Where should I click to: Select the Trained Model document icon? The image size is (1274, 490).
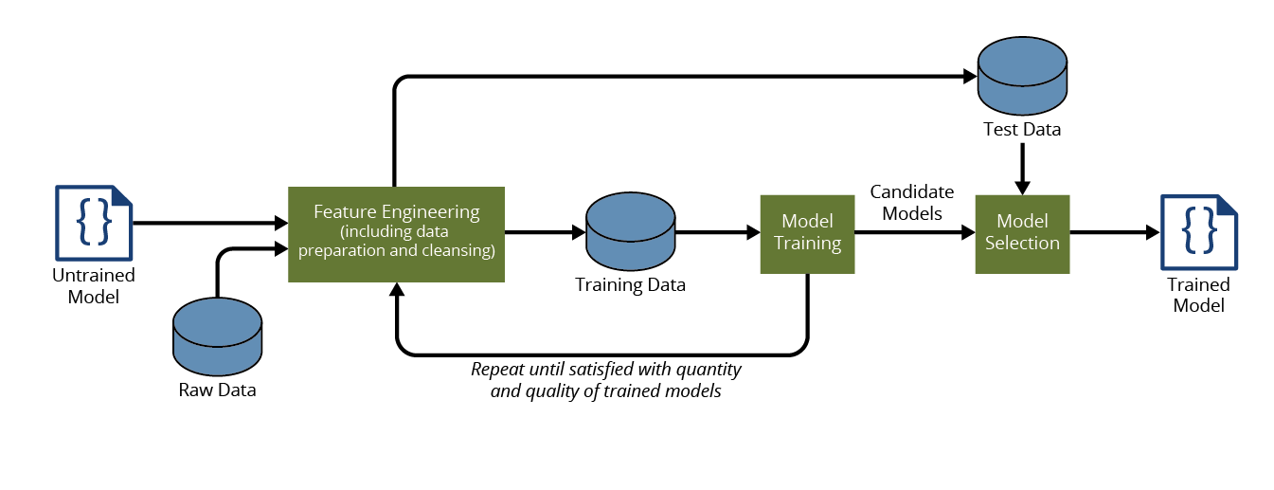1199,231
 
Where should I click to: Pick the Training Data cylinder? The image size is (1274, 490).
630,232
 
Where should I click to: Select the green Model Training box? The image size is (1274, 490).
807,233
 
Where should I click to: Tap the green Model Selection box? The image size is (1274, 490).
1022,233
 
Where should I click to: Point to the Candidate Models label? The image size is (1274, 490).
912,202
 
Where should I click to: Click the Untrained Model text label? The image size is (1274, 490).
93,285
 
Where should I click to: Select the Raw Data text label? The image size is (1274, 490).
218,390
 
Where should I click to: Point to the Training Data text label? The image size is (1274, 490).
631,284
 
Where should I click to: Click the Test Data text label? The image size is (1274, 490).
1022,129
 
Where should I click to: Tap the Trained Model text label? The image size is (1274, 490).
1198,295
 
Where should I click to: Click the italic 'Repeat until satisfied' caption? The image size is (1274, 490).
606,379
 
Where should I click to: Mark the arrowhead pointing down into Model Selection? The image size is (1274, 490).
1022,186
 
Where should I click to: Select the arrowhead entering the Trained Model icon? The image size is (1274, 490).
1152,231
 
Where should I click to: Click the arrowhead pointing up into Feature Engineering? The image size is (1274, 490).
396,290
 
